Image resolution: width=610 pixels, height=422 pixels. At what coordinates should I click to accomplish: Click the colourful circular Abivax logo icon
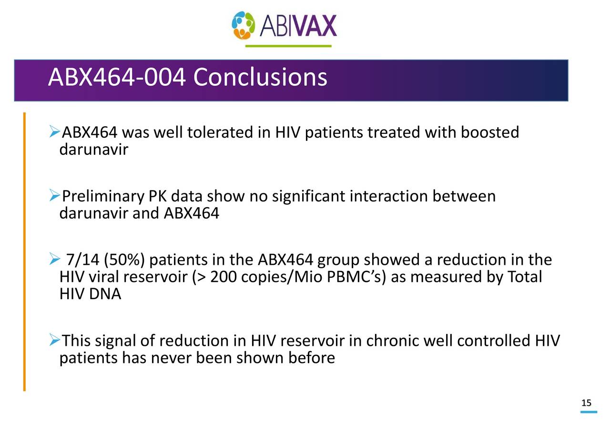244,25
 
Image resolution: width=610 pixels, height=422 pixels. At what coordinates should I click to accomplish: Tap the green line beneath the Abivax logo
288,46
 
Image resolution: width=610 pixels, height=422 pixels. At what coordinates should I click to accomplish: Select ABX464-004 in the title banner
116,77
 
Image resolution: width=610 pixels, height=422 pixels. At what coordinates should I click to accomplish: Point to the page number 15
586,403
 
